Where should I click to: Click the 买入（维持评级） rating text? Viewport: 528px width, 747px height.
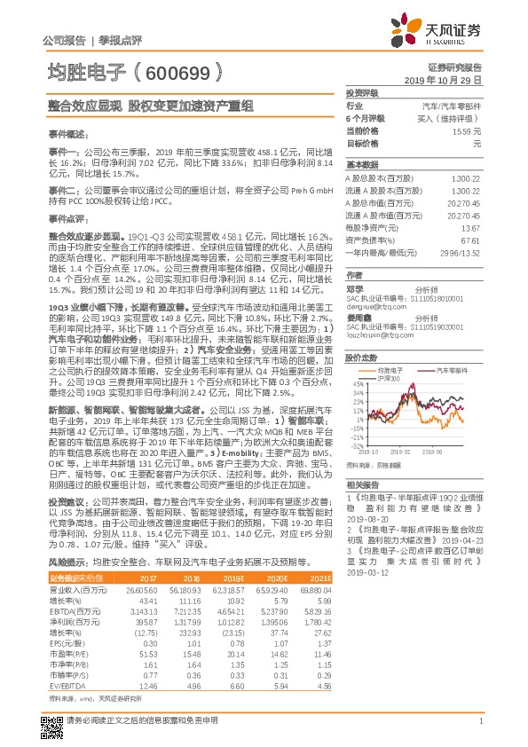[453, 118]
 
